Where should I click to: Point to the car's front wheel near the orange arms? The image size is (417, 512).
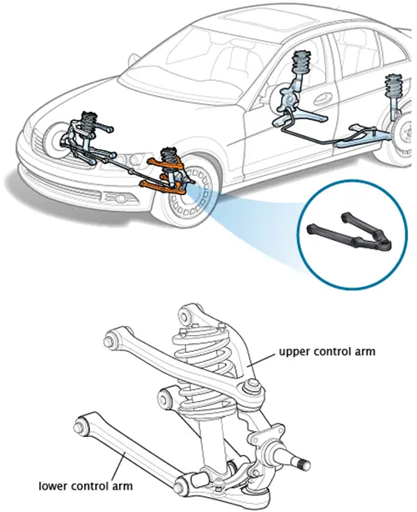pyautogui.click(x=185, y=193)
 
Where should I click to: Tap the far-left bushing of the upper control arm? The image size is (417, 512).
pyautogui.click(x=111, y=342)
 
